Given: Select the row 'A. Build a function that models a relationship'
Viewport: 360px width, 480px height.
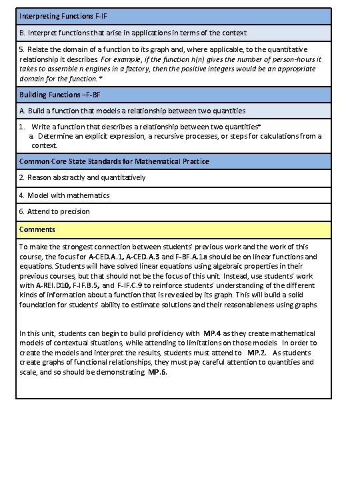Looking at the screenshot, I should coord(132,111).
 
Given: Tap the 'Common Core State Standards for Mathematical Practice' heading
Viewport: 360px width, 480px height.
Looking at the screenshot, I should coord(114,161).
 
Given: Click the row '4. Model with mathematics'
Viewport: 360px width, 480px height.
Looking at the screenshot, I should coord(64,195).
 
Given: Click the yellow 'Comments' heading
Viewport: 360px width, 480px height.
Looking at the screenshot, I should coord(37,229).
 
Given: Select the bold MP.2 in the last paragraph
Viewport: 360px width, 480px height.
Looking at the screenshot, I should coord(257,352).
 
